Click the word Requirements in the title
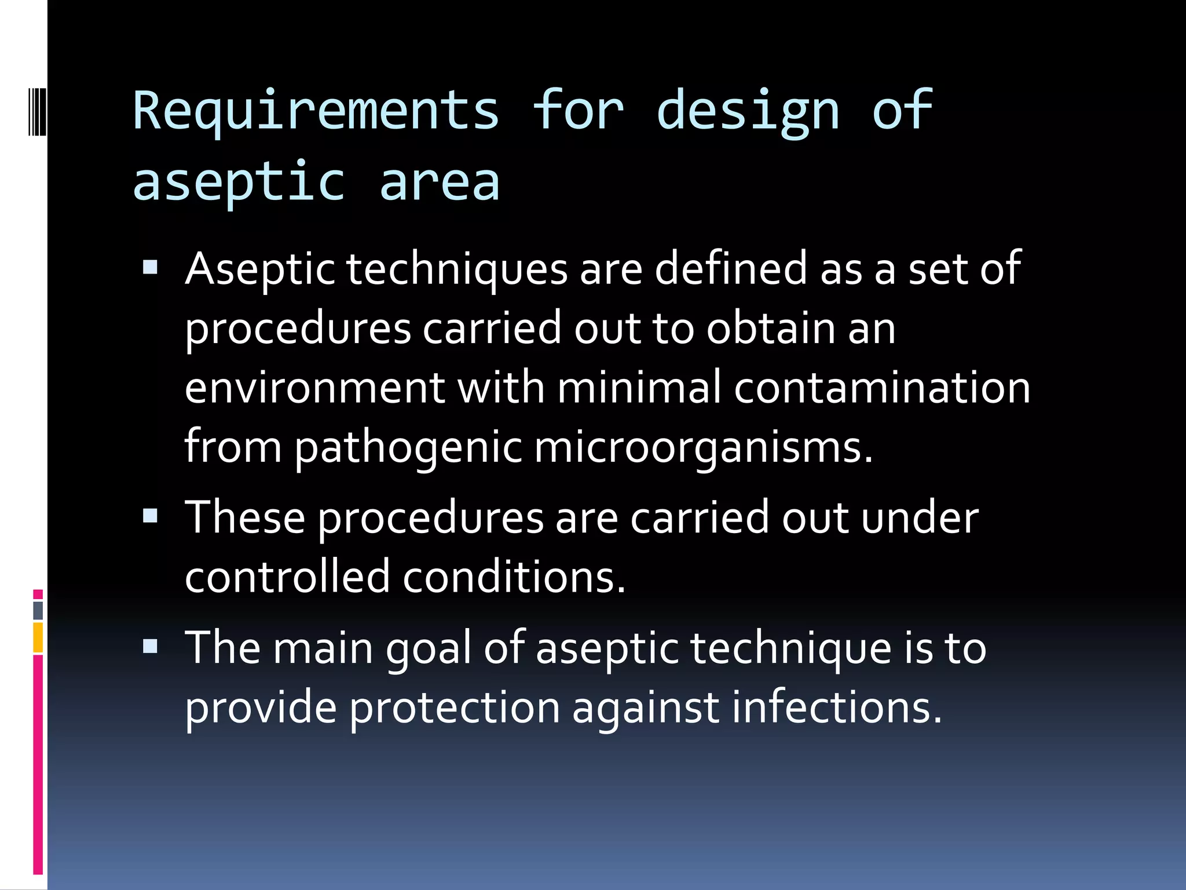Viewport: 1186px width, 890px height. pyautogui.click(x=316, y=111)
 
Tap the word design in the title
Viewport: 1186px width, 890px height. pyautogui.click(x=748, y=111)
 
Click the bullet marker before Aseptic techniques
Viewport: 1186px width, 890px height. pyautogui.click(x=150, y=267)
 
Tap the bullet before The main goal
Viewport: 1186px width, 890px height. pyautogui.click(x=150, y=646)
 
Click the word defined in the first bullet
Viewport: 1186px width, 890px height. pyautogui.click(x=731, y=269)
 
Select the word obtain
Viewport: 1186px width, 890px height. pyautogui.click(x=771, y=329)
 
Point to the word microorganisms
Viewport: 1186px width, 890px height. pyautogui.click(x=702, y=448)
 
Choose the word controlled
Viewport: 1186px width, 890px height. pyautogui.click(x=287, y=577)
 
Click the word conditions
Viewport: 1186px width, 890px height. pyautogui.click(x=514, y=577)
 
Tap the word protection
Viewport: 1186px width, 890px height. pyautogui.click(x=455, y=708)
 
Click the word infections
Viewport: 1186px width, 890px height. pyautogui.click(x=837, y=708)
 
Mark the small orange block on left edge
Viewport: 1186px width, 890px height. pyautogui.click(x=38, y=637)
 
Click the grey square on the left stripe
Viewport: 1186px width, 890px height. pyautogui.click(x=38, y=610)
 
